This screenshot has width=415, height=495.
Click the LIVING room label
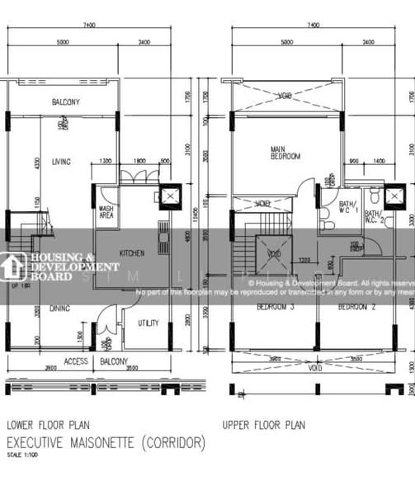point(60,162)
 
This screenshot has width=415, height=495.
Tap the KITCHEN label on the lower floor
point(133,253)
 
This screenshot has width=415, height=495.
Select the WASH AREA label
point(106,212)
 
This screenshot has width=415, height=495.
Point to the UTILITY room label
point(148,323)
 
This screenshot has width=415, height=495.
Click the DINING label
point(59,309)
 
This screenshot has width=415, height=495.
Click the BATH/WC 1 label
point(349,206)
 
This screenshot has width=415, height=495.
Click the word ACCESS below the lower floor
point(76,361)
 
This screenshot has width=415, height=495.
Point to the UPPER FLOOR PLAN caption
point(263,425)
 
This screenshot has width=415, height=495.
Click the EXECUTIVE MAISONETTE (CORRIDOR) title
point(106,443)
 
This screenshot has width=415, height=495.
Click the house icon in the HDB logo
point(14,266)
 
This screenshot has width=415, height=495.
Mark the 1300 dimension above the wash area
point(106,161)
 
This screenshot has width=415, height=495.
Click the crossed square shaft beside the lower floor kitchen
point(169,197)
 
